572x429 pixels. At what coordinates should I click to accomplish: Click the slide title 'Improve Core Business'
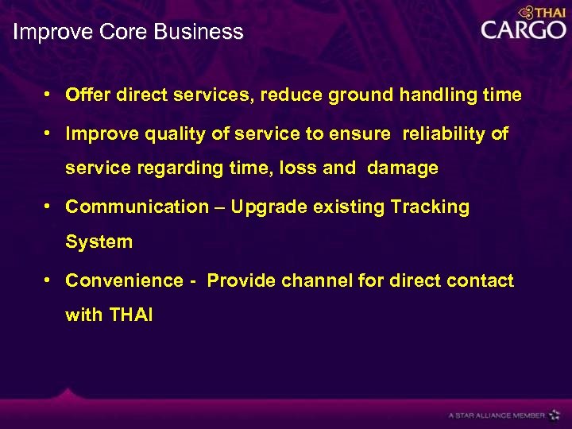pos(128,33)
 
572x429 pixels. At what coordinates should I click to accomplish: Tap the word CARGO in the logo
pos(523,30)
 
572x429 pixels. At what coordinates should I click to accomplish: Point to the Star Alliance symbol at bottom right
pos(554,415)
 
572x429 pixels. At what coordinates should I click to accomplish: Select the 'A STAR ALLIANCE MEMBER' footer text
pos(497,415)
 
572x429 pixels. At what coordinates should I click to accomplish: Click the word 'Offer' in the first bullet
pos(88,95)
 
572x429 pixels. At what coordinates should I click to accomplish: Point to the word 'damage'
pos(403,168)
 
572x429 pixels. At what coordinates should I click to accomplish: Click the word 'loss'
pos(321,168)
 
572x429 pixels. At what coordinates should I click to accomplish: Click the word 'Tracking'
pos(430,207)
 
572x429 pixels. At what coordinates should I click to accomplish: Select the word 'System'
pos(99,242)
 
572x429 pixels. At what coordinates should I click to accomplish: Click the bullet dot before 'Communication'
pos(49,207)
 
